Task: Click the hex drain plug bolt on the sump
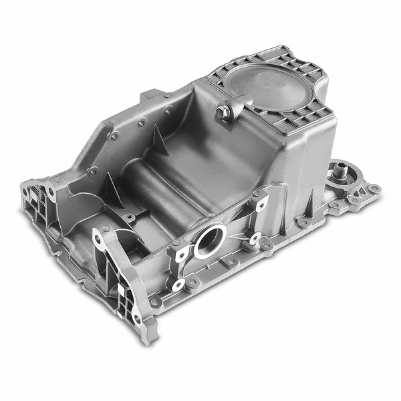click(x=223, y=112)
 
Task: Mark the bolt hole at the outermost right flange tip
click(x=375, y=188)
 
